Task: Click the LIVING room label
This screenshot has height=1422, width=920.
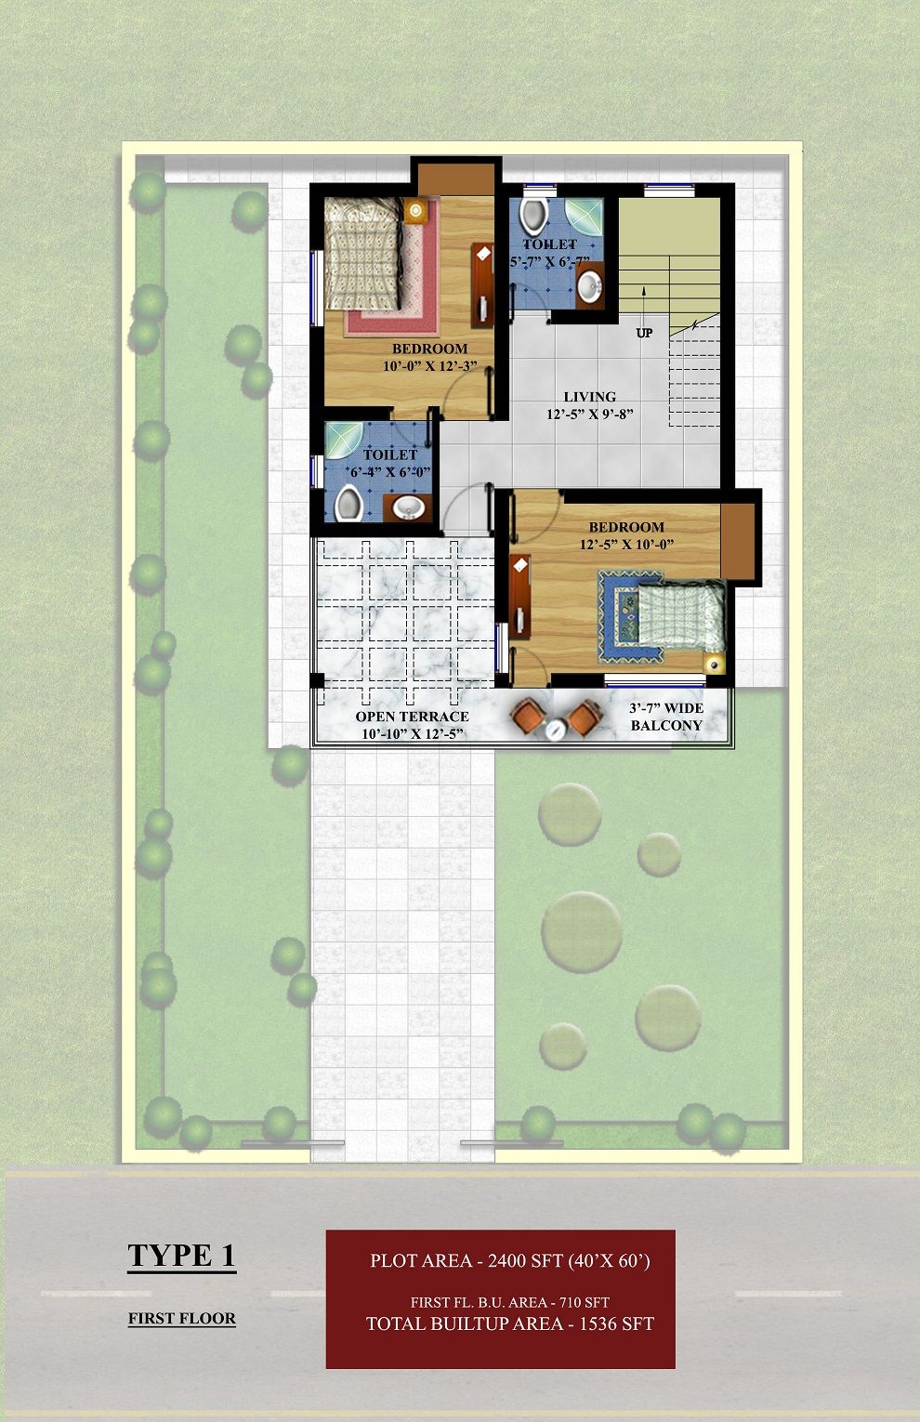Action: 590,397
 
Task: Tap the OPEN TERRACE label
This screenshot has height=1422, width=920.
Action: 412,717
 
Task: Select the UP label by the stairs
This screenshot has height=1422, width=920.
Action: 644,333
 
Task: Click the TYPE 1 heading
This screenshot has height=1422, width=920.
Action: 181,1255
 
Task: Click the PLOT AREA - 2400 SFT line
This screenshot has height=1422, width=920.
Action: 510,1260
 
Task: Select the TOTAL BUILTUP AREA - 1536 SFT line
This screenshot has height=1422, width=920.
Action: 510,1323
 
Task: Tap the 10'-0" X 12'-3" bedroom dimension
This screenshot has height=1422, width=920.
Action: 430,366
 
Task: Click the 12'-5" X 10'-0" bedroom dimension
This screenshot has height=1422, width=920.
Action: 626,545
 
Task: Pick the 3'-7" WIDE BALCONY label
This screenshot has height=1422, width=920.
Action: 666,717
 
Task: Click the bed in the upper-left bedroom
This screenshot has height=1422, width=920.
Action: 363,254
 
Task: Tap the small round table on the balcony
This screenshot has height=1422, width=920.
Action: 557,729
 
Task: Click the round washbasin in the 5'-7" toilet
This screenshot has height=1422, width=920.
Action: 590,286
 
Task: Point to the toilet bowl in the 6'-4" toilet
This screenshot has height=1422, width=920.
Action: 348,504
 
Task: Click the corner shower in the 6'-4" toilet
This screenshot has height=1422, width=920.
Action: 343,440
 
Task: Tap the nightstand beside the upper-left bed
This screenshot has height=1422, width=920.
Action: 416,211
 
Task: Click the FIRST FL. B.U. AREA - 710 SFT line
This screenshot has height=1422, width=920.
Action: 510,1302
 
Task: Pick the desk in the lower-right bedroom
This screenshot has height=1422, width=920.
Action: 520,596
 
